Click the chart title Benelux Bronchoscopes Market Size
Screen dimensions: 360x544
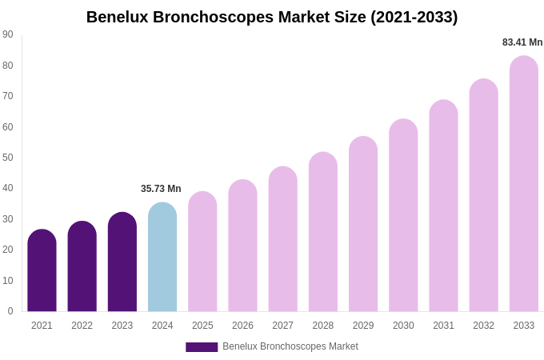click(x=272, y=17)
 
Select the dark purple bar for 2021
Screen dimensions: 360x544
click(x=42, y=272)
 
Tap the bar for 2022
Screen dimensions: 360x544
click(x=82, y=268)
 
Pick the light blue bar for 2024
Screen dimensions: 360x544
click(x=162, y=258)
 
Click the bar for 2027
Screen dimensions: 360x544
click(x=282, y=240)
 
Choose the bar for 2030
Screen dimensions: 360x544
click(x=403, y=216)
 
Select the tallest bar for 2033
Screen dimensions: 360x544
click(x=524, y=184)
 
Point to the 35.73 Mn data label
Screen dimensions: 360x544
click(x=161, y=189)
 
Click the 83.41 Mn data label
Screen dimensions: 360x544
click(x=522, y=42)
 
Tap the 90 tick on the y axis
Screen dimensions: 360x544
click(x=8, y=34)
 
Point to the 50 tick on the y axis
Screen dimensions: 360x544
click(x=8, y=158)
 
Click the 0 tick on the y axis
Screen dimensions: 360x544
click(x=10, y=311)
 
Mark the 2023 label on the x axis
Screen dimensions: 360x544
click(x=122, y=326)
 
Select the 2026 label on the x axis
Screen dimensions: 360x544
click(x=242, y=326)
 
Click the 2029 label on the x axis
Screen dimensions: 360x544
click(x=363, y=326)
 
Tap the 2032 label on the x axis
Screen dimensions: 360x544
click(x=483, y=326)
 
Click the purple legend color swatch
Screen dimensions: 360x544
click(x=202, y=347)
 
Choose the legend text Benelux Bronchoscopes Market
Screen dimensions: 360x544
click(x=290, y=346)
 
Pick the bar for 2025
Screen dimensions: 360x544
click(x=202, y=252)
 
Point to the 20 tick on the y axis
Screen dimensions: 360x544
click(x=8, y=250)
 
